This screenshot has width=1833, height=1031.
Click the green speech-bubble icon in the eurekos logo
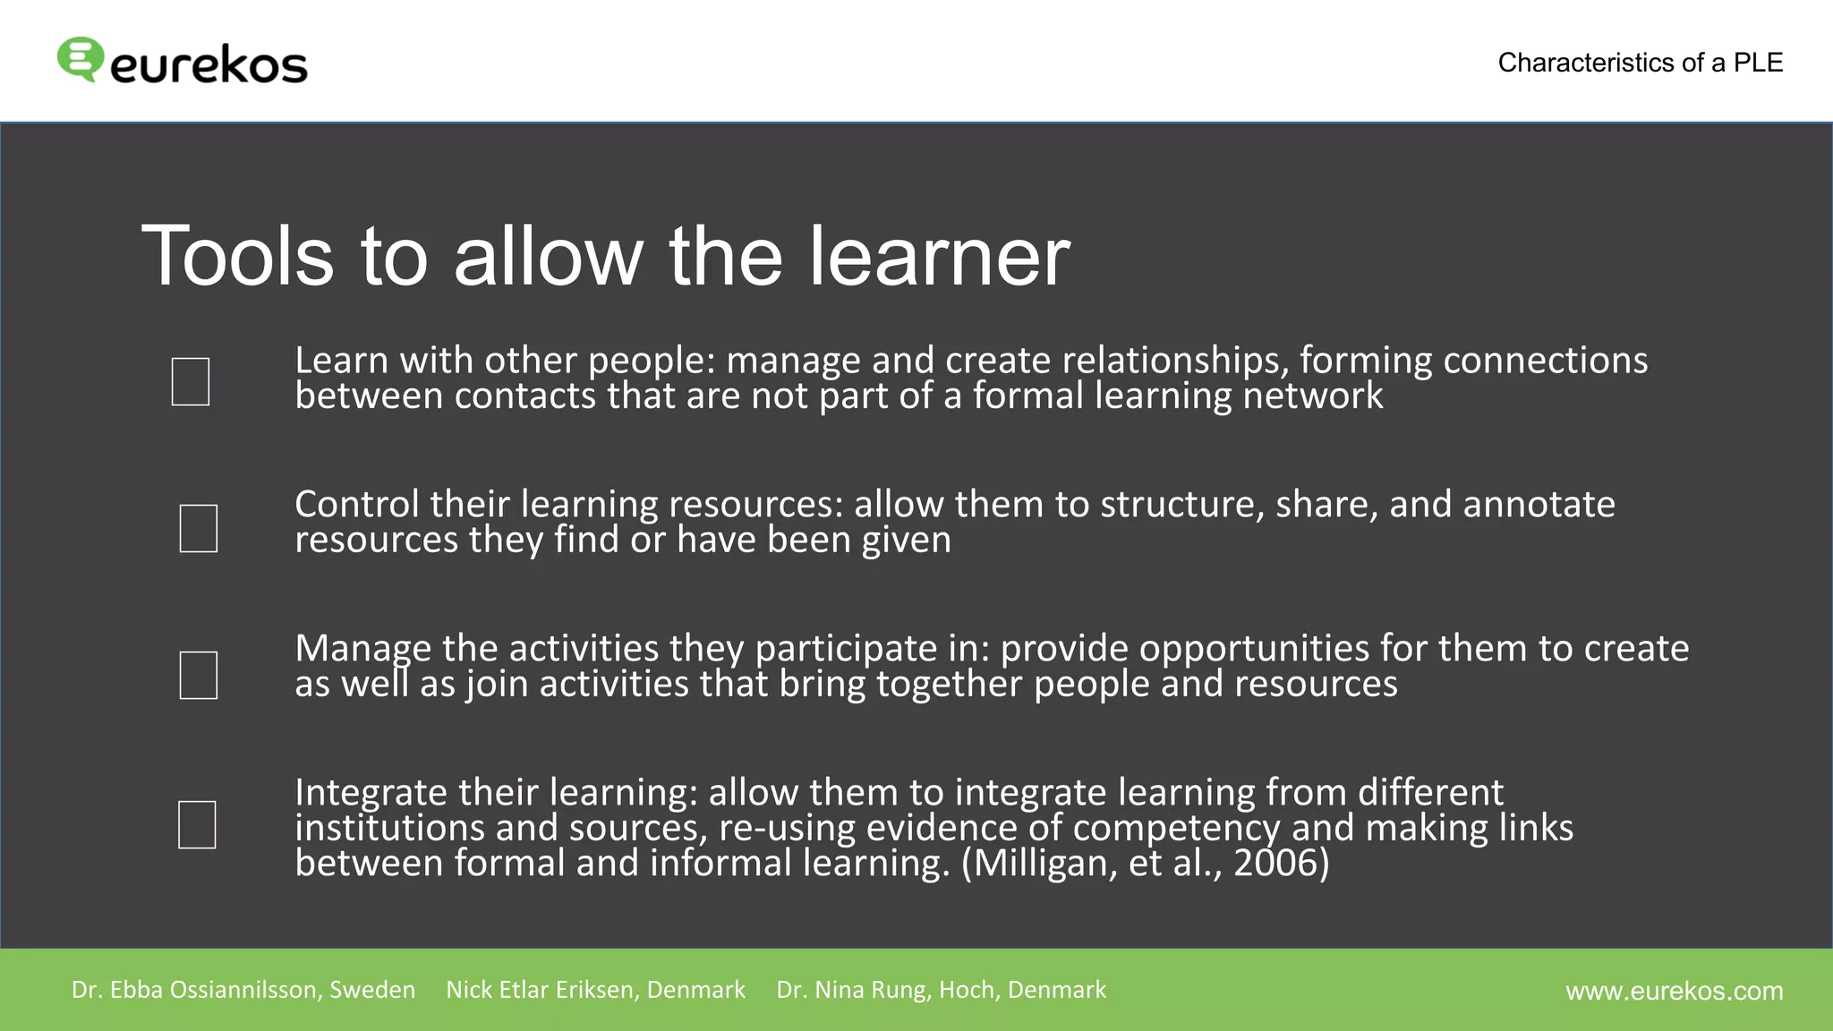(80, 59)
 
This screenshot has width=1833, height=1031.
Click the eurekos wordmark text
(209, 65)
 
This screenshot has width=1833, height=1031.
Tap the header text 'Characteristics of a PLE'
(1640, 63)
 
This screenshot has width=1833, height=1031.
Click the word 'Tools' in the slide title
(237, 257)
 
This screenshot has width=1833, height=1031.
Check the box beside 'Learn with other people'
(191, 381)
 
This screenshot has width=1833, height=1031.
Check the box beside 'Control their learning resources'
(199, 528)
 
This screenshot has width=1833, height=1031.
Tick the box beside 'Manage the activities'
(199, 675)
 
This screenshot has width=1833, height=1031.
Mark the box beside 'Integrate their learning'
(197, 824)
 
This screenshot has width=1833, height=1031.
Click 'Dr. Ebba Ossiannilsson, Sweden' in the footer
(243, 990)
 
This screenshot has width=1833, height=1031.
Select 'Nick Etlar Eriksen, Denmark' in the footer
(595, 990)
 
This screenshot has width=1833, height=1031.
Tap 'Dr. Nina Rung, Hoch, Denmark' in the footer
(941, 990)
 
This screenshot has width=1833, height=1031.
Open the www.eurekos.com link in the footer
(1674, 991)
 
